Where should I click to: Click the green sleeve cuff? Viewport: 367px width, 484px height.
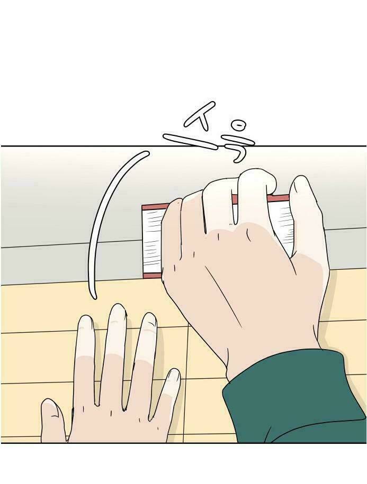point(293,398)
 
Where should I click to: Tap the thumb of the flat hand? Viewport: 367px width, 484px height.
point(52,420)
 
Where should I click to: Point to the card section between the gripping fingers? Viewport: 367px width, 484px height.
point(235,210)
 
